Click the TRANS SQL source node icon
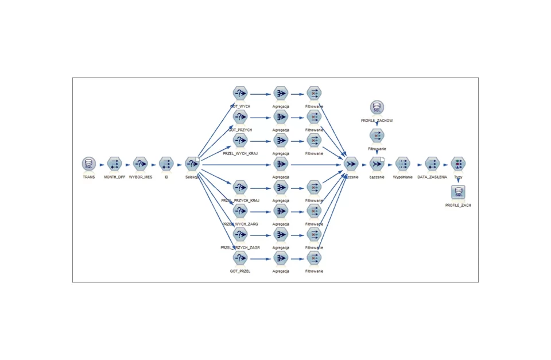(x=88, y=164)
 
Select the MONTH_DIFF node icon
(x=114, y=164)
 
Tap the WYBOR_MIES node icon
(x=141, y=164)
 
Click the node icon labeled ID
(x=166, y=164)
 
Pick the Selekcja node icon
(x=192, y=164)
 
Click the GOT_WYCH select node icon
(x=240, y=94)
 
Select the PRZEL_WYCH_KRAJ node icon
(x=240, y=141)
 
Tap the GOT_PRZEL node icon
(x=240, y=258)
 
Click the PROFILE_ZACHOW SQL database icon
(x=377, y=108)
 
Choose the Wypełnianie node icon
(x=403, y=164)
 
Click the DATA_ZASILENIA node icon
(x=432, y=164)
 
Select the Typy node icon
(x=458, y=164)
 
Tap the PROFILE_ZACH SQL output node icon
(x=458, y=192)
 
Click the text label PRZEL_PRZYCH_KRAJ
(x=240, y=200)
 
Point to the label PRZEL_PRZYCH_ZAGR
(x=240, y=247)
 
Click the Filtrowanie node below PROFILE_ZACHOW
(x=377, y=136)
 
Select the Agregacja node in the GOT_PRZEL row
(x=281, y=258)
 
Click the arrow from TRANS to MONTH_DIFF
(x=102, y=165)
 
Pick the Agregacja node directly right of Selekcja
(x=281, y=164)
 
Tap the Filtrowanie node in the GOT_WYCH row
(x=314, y=94)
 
